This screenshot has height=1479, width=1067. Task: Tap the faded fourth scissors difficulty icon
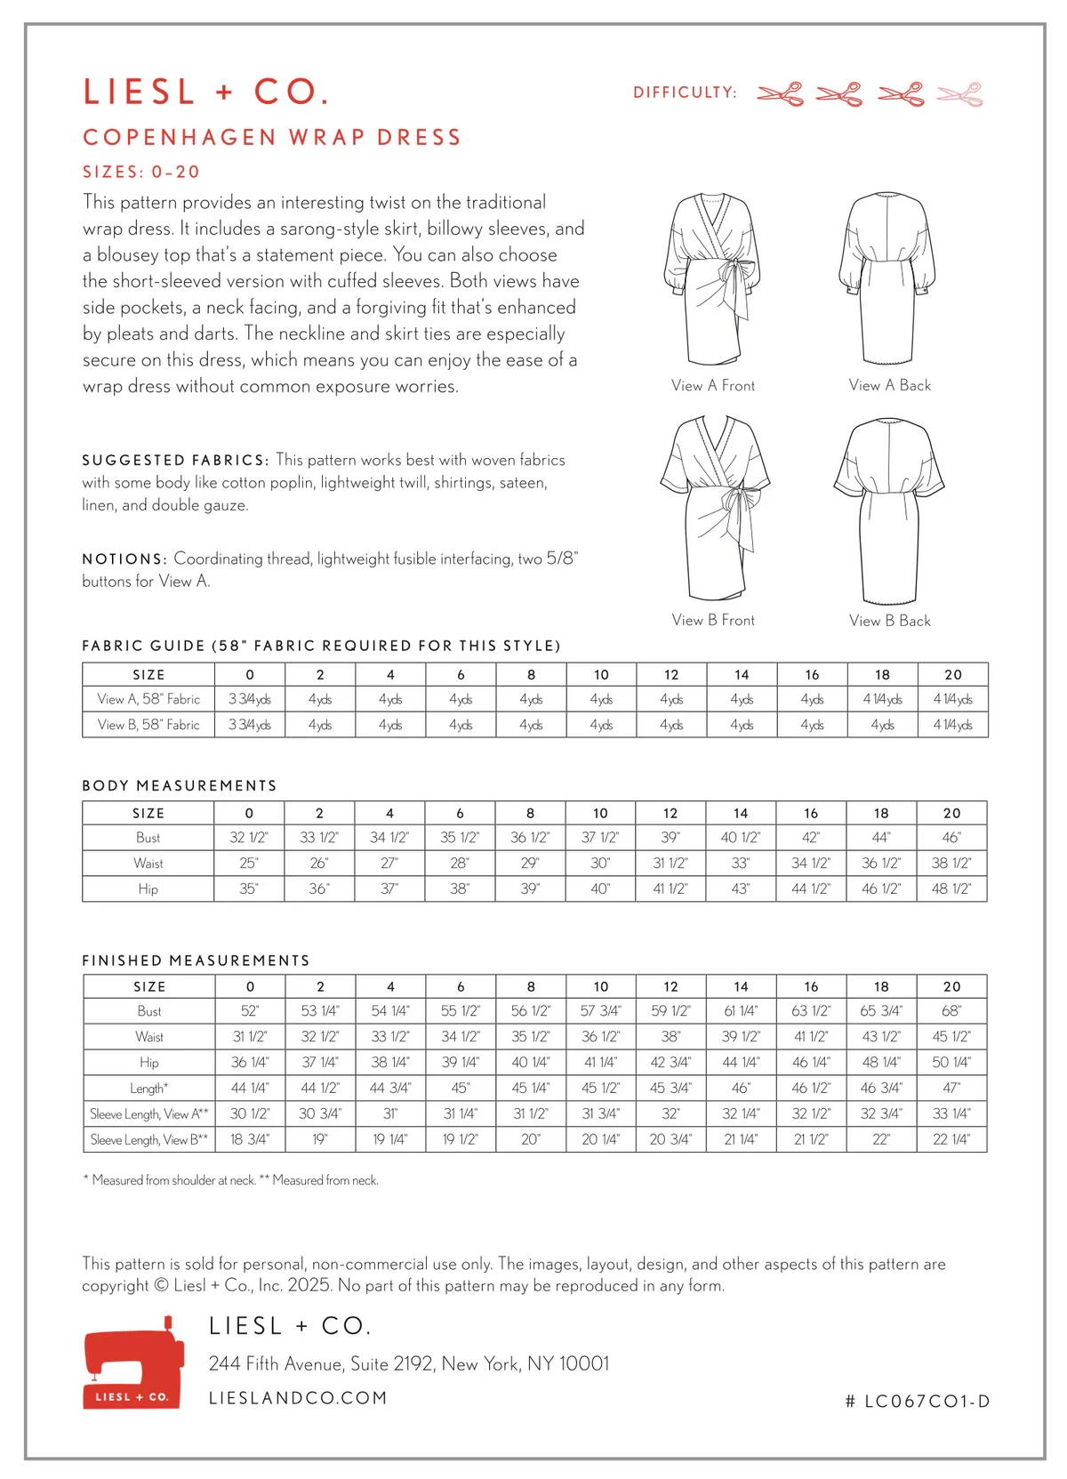click(960, 94)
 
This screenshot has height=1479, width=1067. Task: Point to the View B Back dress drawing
click(888, 510)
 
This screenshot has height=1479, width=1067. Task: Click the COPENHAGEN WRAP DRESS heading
click(272, 138)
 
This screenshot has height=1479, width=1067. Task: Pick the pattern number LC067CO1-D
click(918, 1402)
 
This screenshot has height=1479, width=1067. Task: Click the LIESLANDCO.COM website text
click(298, 1398)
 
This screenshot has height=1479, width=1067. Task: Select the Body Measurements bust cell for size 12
click(670, 838)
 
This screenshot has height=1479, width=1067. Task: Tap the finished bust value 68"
click(951, 1011)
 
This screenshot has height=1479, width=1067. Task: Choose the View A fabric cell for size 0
click(250, 700)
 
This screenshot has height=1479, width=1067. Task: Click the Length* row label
click(148, 1089)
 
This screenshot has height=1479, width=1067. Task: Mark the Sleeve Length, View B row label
click(148, 1140)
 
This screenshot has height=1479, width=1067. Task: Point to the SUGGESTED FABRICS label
click(174, 461)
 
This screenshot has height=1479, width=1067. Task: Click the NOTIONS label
click(124, 559)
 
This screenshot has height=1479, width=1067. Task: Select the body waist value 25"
click(249, 864)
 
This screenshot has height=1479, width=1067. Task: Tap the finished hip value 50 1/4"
click(951, 1063)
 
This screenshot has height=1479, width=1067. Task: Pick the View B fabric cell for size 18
click(882, 726)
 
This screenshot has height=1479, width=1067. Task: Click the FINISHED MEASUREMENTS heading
click(196, 961)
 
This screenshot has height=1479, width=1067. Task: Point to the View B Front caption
click(713, 621)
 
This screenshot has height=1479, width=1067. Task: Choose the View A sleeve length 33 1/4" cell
click(951, 1114)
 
